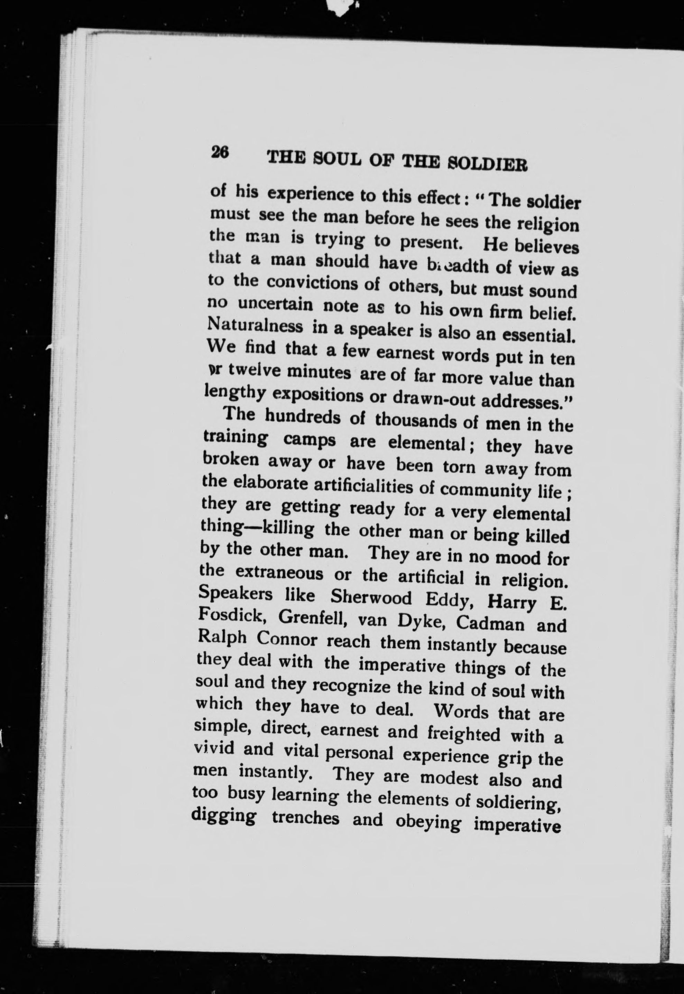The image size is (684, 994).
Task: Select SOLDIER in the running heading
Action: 487,164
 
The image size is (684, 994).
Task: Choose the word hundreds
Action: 303,418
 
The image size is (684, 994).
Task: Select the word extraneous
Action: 279,573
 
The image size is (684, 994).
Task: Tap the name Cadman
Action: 490,623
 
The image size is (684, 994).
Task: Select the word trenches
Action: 306,818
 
